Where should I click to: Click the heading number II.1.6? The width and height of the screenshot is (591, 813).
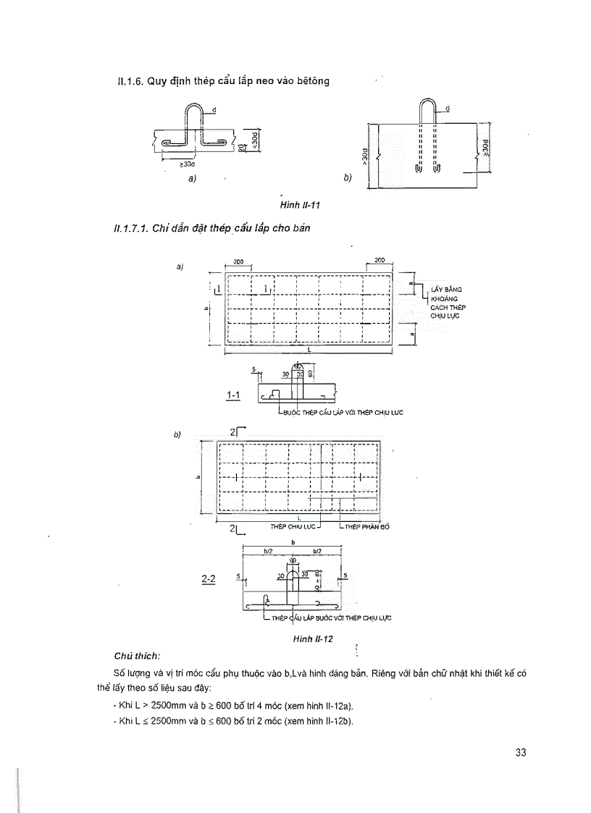pyautogui.click(x=130, y=81)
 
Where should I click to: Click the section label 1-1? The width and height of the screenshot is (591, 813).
pyautogui.click(x=233, y=395)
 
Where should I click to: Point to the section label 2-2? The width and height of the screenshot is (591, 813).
pyautogui.click(x=209, y=580)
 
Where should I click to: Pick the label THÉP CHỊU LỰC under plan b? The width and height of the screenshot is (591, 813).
pyautogui.click(x=290, y=526)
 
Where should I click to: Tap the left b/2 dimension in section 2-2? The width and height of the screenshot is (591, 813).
pyautogui.click(x=267, y=551)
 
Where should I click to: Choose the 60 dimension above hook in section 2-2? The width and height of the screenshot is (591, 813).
pyautogui.click(x=293, y=560)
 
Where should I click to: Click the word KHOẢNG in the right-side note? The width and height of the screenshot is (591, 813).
pyautogui.click(x=441, y=298)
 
